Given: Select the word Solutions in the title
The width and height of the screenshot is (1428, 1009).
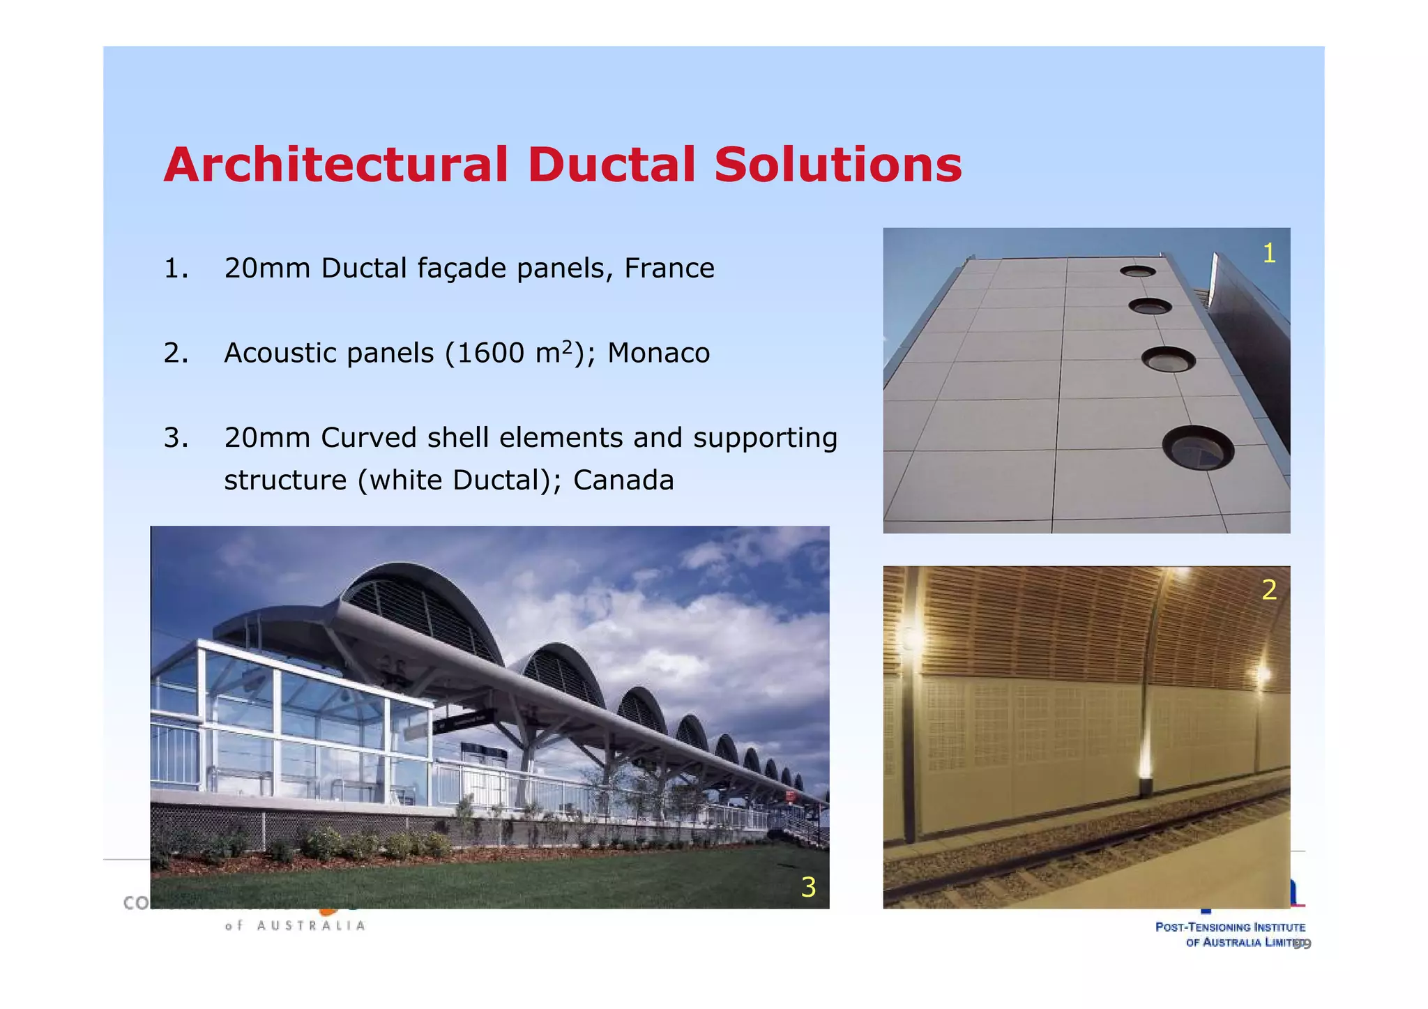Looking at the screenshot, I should (x=837, y=166).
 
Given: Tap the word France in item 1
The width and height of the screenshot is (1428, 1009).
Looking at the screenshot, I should (x=669, y=268).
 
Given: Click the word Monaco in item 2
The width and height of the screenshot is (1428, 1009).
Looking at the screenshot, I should (x=658, y=354).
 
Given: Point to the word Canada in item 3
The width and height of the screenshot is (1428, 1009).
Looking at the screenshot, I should (x=623, y=480).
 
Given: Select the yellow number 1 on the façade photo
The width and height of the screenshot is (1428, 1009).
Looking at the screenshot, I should (x=1268, y=254).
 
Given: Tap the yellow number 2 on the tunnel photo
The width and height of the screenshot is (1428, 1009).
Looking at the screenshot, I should (x=1268, y=591).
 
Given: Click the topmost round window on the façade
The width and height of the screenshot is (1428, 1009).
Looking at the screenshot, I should (x=1137, y=271).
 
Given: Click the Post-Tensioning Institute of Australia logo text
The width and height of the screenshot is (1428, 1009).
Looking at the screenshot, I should (x=1231, y=934).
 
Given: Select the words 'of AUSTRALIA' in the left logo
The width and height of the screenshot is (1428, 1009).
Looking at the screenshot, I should (x=295, y=926).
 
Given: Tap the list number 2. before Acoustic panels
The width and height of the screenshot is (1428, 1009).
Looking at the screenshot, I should (x=175, y=354).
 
